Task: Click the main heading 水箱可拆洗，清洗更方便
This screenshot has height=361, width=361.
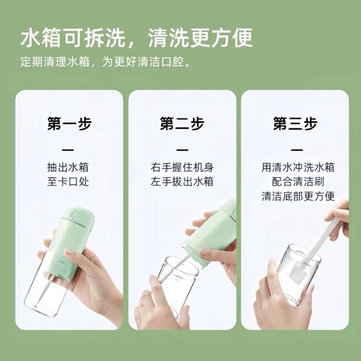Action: tap(136, 37)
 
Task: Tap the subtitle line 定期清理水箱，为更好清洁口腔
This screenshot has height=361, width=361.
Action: tap(106, 62)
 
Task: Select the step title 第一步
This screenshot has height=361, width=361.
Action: tap(69, 124)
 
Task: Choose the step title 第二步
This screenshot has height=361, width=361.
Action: tap(182, 124)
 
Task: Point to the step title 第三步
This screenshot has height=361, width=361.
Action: tap(294, 124)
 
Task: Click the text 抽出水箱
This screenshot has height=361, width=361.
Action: tap(69, 167)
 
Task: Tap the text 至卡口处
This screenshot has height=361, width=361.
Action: tap(69, 182)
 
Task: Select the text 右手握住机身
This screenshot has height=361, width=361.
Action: tap(182, 167)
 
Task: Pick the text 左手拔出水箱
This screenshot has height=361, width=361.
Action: tap(182, 182)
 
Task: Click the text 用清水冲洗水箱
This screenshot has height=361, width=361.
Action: tap(294, 167)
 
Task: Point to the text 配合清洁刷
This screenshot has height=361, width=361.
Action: tap(294, 182)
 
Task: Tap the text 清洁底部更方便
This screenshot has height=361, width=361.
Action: tap(294, 196)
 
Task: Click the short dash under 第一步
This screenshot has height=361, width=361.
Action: tap(69, 149)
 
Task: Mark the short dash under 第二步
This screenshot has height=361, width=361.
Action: tap(182, 149)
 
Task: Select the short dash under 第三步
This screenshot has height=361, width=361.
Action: tap(294, 149)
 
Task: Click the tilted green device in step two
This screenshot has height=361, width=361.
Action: tap(212, 233)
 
